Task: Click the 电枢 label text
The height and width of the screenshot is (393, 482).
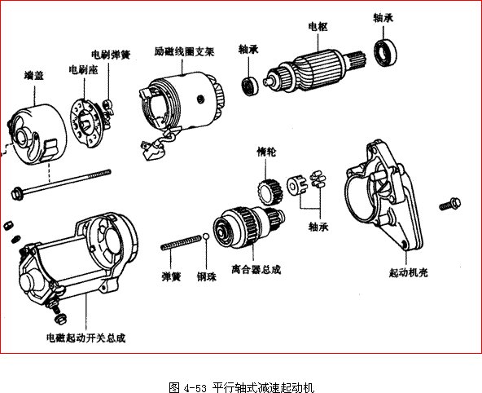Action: pyautogui.click(x=318, y=26)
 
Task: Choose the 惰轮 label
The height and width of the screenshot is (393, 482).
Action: pyautogui.click(x=266, y=152)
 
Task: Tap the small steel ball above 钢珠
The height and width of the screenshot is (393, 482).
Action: pyautogui.click(x=208, y=237)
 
